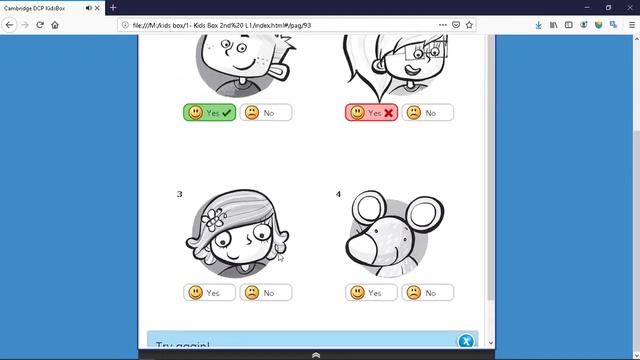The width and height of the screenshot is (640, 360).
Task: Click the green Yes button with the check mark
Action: pos(209,113)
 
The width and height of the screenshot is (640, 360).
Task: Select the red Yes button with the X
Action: pos(371,113)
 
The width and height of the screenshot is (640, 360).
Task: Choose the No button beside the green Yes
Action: pos(266,113)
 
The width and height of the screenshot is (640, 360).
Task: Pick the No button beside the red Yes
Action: pos(428,113)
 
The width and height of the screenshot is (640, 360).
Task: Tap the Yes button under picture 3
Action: pos(209,293)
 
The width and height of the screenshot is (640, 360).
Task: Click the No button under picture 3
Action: pos(266,293)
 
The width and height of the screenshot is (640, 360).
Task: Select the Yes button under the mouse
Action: pos(371,293)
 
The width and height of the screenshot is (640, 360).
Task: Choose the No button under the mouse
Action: pos(428,293)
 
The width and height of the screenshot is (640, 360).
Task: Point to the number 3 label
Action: pos(180,194)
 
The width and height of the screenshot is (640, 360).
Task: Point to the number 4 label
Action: pos(338,194)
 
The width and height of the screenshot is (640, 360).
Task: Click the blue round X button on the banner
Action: pos(465,341)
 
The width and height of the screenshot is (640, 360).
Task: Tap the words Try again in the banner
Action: pos(184,347)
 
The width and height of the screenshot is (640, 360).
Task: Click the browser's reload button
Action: pos(40,24)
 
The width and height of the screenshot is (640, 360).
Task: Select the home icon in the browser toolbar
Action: pos(56,24)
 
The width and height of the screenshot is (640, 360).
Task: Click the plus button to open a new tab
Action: pos(113,7)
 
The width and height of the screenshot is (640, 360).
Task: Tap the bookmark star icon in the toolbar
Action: pos(469,24)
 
